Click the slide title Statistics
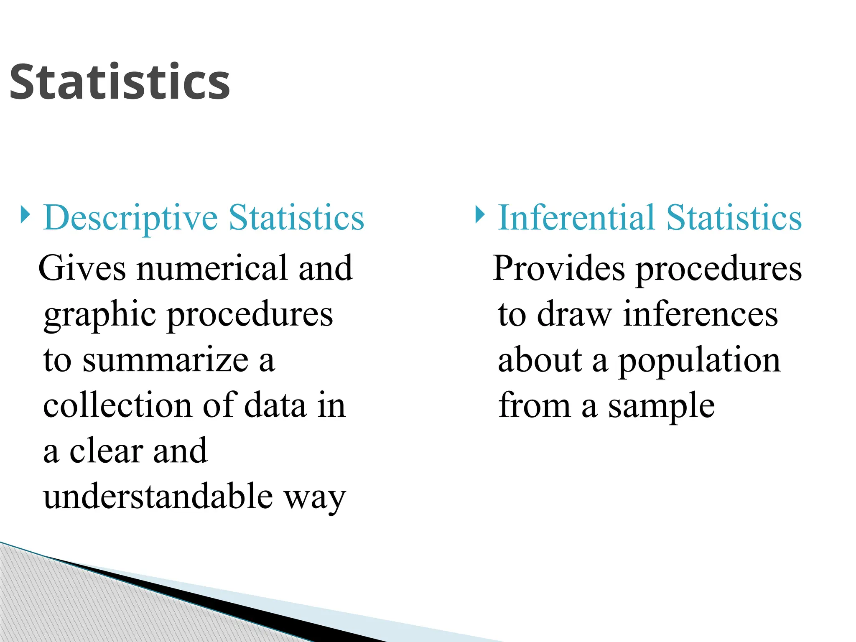[120, 82]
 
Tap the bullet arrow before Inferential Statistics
[480, 214]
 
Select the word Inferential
[576, 217]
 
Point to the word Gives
[82, 268]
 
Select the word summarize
[166, 360]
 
